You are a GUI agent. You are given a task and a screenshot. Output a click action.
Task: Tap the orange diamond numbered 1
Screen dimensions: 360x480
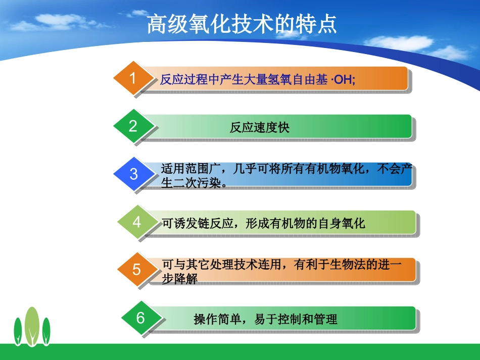[133, 78]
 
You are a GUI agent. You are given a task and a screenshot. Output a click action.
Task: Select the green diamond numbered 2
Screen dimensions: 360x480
[133, 126]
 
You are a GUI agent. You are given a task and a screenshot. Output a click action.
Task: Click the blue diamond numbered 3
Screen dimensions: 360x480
[133, 174]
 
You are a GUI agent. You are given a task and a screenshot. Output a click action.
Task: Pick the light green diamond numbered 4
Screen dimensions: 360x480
[137, 222]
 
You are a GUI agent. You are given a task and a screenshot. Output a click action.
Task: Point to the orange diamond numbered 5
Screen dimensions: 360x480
[137, 270]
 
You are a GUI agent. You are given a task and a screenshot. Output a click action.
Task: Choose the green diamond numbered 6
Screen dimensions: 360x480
[140, 318]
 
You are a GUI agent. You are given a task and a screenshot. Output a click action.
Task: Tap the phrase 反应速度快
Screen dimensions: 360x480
[260, 128]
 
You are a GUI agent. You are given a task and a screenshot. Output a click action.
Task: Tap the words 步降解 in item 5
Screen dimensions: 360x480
[179, 279]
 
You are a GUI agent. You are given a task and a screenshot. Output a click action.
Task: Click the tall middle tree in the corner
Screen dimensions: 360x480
[32, 326]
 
